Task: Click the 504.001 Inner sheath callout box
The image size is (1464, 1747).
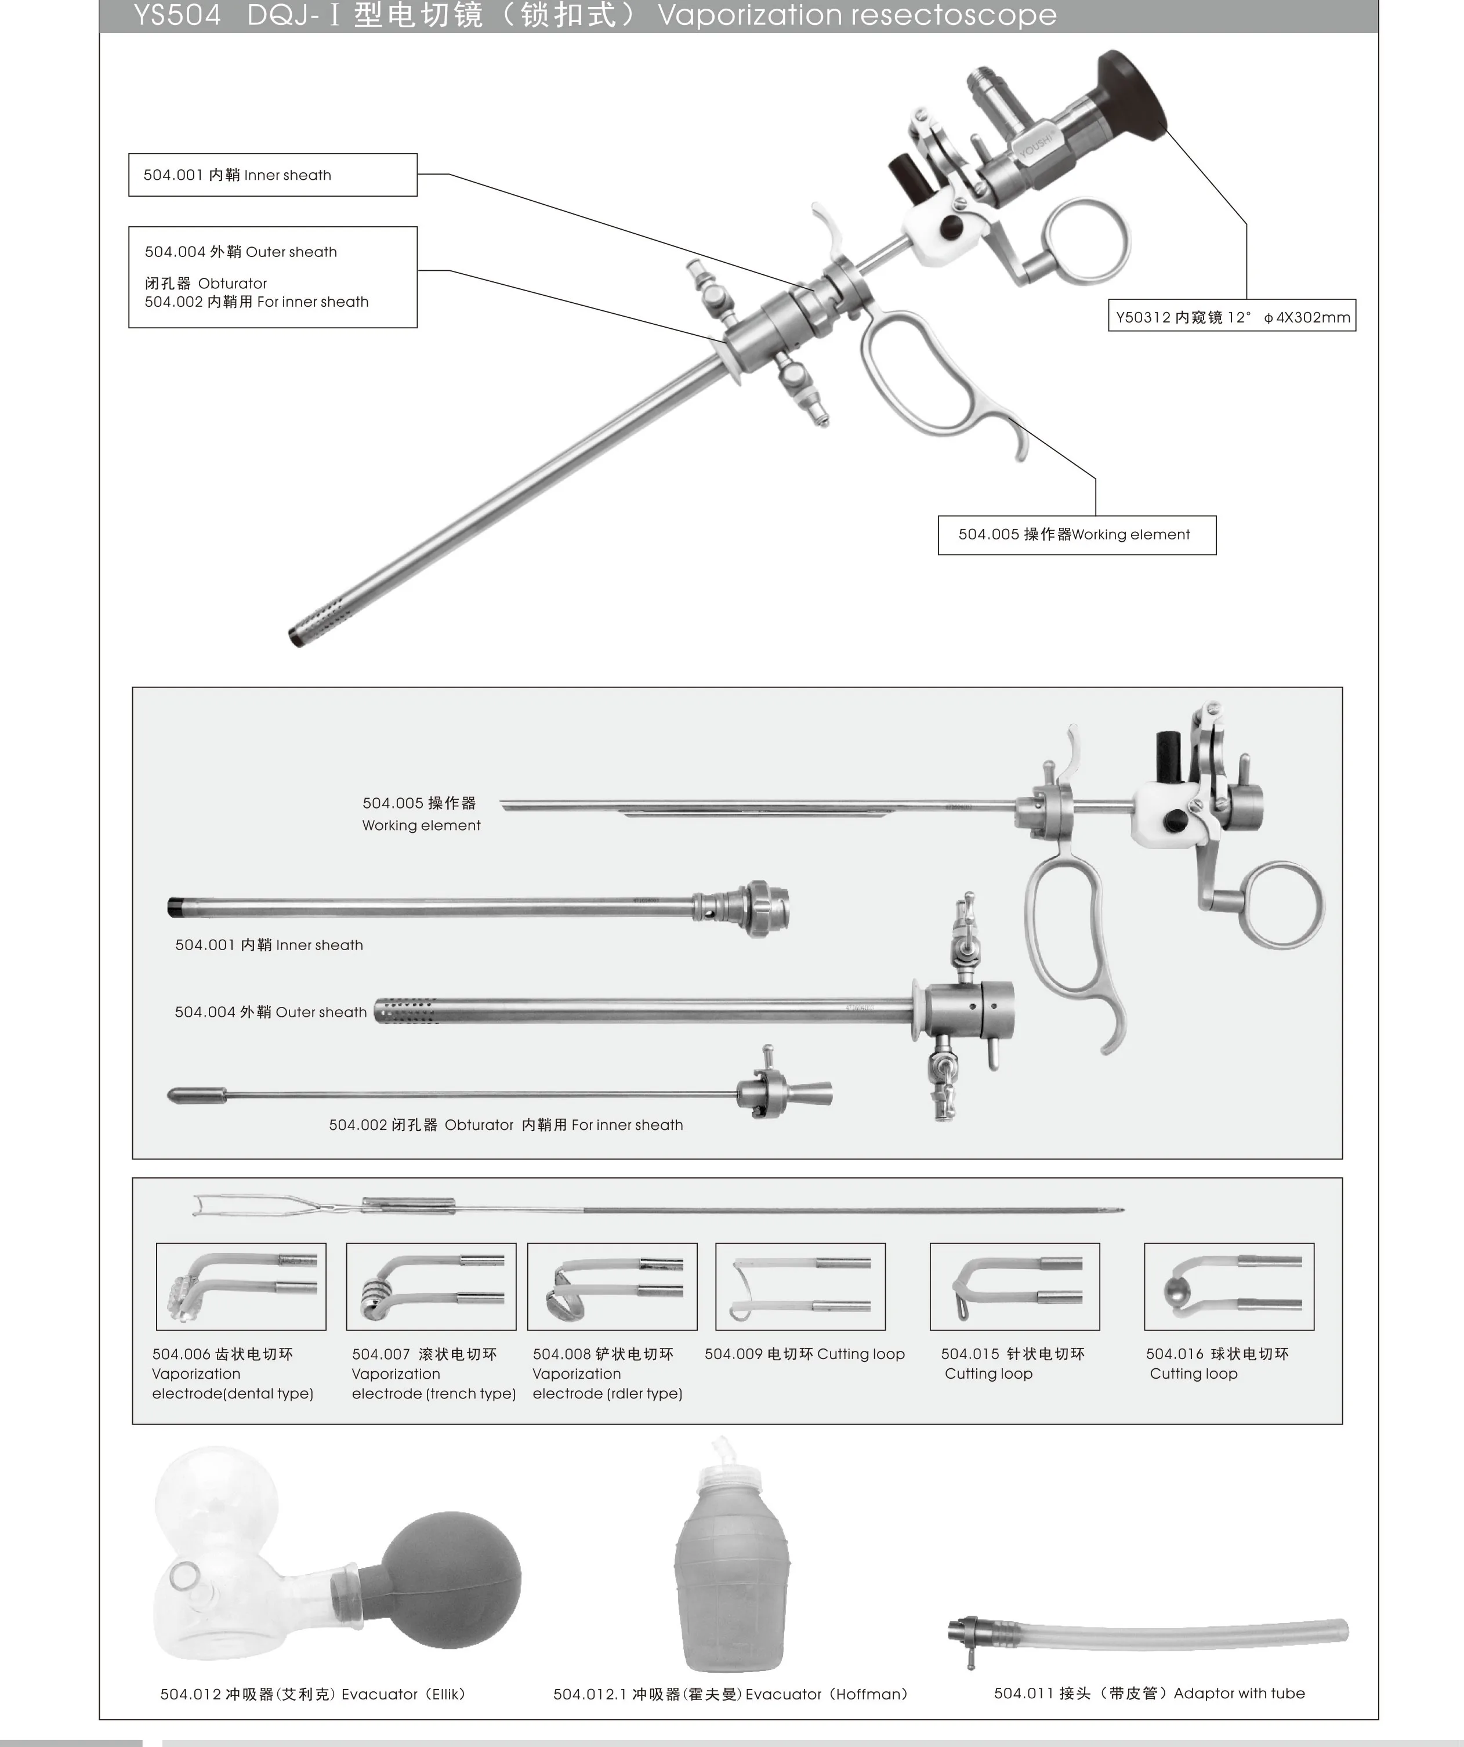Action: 272,175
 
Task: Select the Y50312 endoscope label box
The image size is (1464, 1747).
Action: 1231,316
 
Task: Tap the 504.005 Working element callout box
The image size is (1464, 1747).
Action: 1077,535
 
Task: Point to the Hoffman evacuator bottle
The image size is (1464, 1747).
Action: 731,1581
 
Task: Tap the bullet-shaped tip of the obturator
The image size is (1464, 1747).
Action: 198,1096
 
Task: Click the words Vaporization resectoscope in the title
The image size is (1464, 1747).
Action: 857,15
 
